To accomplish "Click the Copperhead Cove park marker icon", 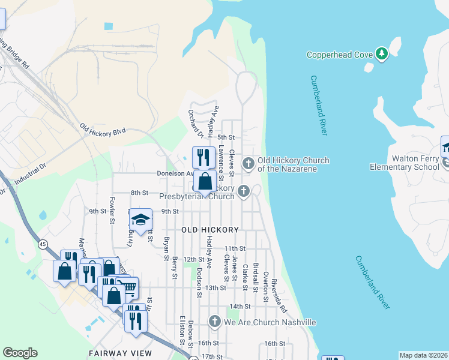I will (x=381, y=54).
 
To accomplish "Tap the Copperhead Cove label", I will (x=340, y=55).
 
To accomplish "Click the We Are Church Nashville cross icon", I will (x=214, y=322).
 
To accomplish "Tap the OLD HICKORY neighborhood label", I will (x=210, y=230).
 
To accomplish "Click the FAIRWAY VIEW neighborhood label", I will (x=120, y=354).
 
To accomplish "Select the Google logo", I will (x=20, y=353).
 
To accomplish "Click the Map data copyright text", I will (x=423, y=355).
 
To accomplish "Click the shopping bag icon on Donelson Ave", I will (x=205, y=181).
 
